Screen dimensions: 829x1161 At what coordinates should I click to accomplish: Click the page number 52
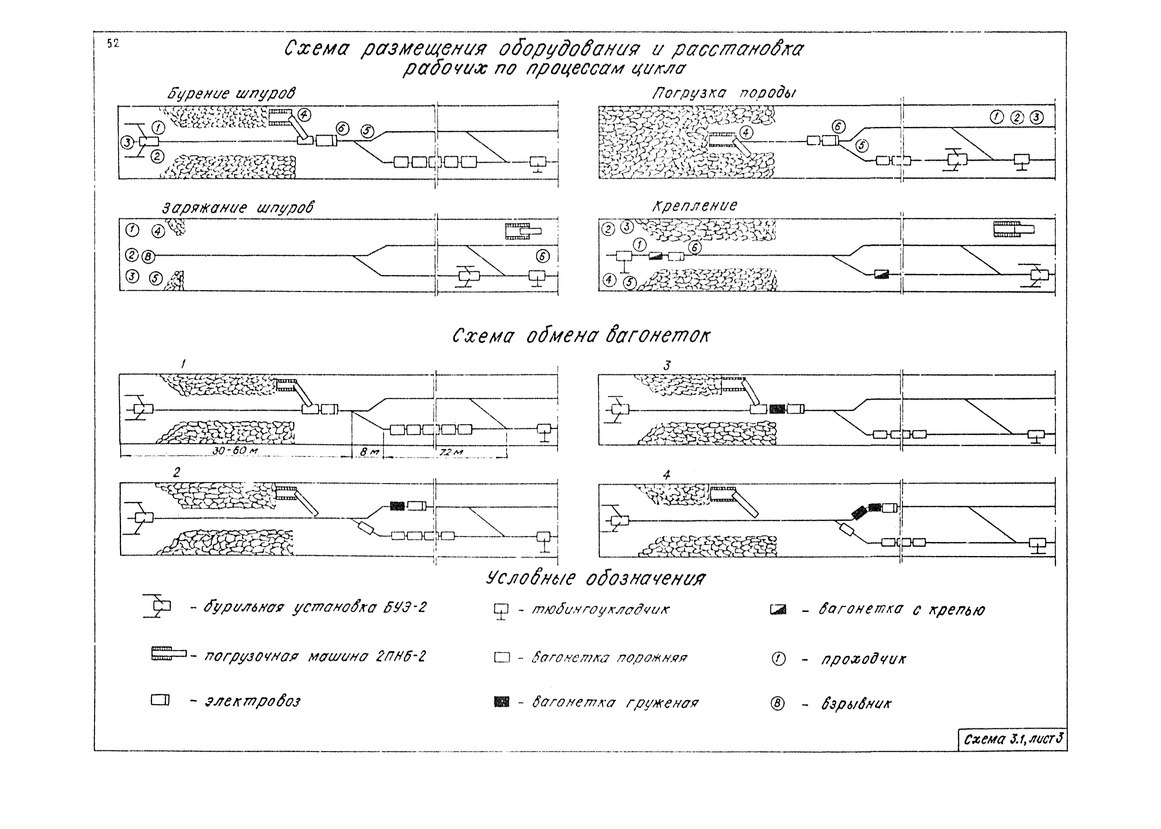click(x=113, y=44)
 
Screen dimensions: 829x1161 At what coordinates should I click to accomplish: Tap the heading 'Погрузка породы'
click(x=723, y=93)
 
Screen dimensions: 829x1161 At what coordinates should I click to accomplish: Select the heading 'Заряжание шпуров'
click(x=238, y=208)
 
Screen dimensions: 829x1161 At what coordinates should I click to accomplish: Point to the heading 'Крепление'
click(x=694, y=206)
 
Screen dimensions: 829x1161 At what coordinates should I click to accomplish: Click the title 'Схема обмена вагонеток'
click(x=580, y=336)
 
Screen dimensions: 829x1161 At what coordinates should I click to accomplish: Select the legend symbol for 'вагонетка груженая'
click(x=502, y=702)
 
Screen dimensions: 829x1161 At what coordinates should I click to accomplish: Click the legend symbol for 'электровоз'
click(x=160, y=700)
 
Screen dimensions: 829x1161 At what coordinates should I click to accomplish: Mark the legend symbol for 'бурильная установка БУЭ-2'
click(x=158, y=607)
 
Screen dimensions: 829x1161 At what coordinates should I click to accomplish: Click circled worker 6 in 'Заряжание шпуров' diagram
click(x=543, y=256)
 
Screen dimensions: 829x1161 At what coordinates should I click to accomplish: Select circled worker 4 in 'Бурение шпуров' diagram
click(x=304, y=115)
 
